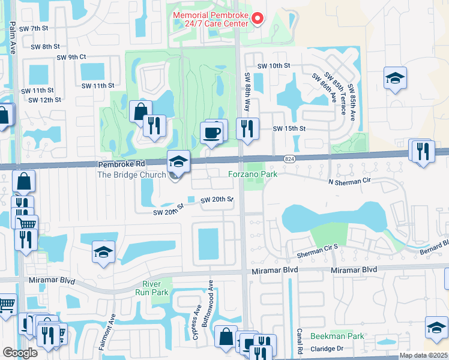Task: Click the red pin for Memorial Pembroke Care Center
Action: point(258,18)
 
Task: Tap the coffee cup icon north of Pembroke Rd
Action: point(212,132)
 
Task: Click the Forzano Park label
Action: point(252,175)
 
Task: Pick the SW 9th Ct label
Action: point(71,58)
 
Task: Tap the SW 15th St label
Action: point(289,128)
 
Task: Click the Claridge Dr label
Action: point(326,349)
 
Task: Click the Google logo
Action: point(20,352)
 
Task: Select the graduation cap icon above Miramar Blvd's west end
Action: point(103,252)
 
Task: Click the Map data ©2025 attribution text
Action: point(423,355)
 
